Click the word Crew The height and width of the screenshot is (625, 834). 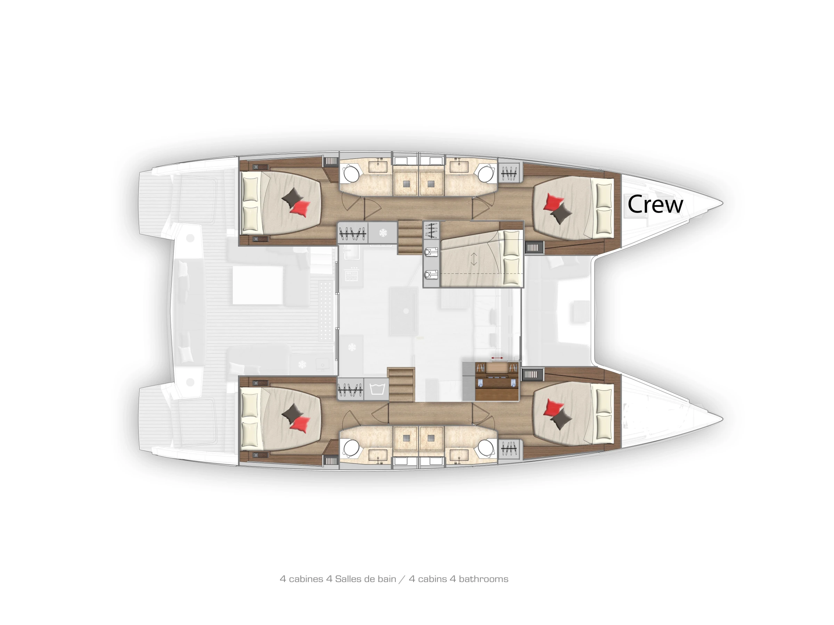click(655, 204)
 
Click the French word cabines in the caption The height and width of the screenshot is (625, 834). click(306, 579)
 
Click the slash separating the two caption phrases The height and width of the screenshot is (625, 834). click(402, 579)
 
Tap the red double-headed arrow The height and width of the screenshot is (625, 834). click(497, 358)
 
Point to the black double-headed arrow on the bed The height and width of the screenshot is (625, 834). click(474, 259)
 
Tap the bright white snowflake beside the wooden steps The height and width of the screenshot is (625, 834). click(383, 232)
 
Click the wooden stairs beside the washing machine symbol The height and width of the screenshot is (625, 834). click(401, 385)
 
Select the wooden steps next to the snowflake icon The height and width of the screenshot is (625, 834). click(410, 238)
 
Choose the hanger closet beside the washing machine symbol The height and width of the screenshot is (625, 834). click(350, 388)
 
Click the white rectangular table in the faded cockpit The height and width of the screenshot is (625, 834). click(257, 285)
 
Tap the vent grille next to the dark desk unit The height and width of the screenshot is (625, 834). click(533, 374)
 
